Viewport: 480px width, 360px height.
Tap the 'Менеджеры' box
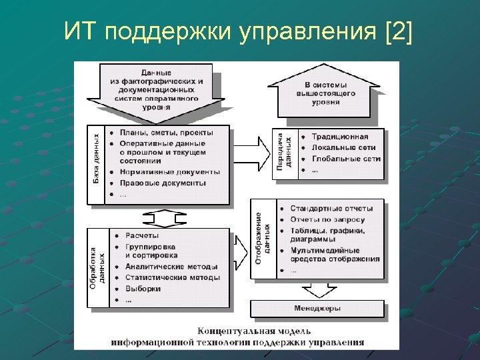pos(317,309)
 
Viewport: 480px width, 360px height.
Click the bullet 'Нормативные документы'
pos(169,171)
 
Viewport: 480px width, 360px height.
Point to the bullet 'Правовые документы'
pos(163,183)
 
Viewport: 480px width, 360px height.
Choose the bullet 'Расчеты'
pos(142,235)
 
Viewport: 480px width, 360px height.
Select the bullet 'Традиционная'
pos(339,136)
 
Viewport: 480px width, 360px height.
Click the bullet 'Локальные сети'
pos(343,147)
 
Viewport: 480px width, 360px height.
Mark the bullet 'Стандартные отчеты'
pos(331,208)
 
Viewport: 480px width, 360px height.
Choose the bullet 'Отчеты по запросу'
pos(327,219)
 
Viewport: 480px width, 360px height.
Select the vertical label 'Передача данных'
pos(285,153)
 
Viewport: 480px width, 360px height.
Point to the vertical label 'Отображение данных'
pos(263,238)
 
